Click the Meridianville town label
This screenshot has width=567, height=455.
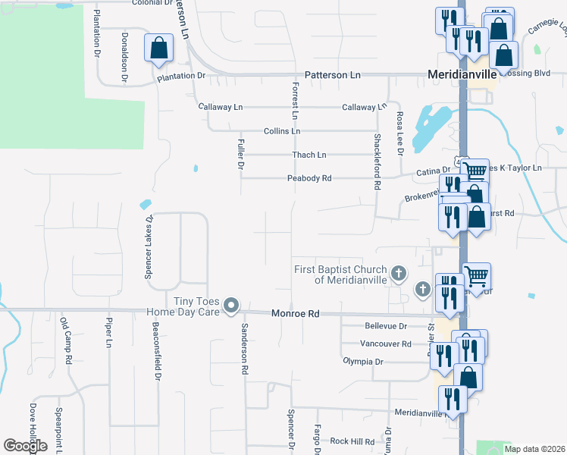pos(462,75)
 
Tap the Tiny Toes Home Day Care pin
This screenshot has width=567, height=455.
pos(232,306)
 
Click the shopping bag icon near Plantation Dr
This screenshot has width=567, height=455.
pos(159,49)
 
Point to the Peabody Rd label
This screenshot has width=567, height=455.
pos(309,179)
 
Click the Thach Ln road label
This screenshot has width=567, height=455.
pos(309,155)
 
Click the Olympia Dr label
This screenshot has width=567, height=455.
pos(364,362)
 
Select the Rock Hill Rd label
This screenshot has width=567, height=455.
pos(352,441)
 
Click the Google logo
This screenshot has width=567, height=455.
pos(26,446)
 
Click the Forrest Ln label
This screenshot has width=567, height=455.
pos(295,102)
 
